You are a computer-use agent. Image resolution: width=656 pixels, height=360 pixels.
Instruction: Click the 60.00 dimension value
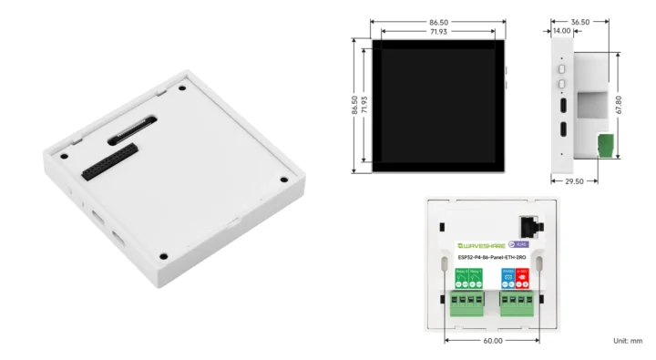point(492,340)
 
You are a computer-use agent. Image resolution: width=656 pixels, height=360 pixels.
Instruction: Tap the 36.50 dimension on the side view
point(579,20)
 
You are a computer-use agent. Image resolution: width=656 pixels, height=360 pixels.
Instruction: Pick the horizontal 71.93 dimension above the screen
point(438,31)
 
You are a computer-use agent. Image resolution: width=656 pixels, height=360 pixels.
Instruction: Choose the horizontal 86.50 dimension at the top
point(438,20)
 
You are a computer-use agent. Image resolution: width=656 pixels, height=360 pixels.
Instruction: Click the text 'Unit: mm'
point(628,340)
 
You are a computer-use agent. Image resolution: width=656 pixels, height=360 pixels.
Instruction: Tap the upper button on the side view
point(562,67)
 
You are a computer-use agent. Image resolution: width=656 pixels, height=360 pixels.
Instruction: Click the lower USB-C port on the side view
point(562,129)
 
